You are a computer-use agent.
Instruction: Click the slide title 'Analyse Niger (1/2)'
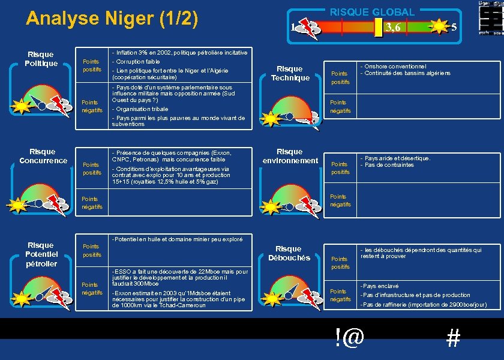tap(112, 19)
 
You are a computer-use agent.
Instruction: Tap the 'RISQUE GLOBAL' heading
tap(372, 12)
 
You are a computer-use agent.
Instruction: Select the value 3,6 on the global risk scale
tap(394, 28)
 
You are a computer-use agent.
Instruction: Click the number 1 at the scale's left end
tap(292, 27)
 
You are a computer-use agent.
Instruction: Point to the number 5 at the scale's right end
tap(454, 27)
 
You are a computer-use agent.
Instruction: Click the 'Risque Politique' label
tap(41, 59)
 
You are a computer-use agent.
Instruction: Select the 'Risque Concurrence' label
tap(43, 156)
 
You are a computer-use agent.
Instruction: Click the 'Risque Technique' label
tap(290, 73)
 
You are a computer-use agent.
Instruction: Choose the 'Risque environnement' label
tap(290, 156)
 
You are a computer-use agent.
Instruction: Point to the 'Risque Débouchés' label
tap(289, 253)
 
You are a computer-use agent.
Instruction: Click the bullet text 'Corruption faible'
tap(136, 62)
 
